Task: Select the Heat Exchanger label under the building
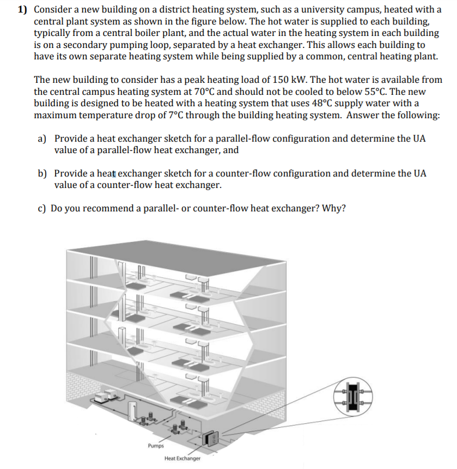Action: [x=182, y=459]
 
